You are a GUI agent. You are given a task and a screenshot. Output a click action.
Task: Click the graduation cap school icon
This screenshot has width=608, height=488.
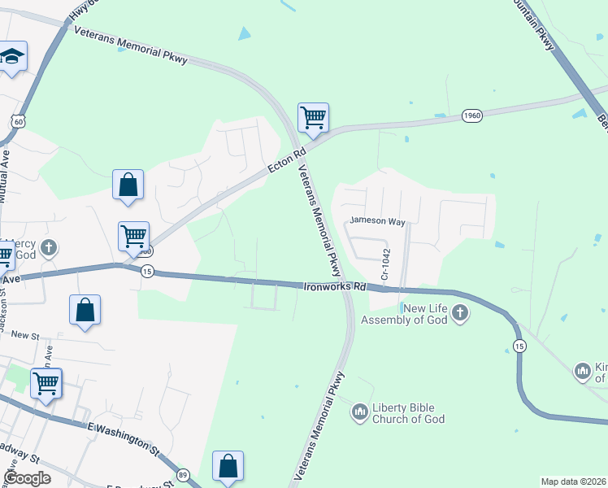(x=12, y=57)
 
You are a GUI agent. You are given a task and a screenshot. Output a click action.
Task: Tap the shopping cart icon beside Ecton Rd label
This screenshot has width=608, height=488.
(x=313, y=117)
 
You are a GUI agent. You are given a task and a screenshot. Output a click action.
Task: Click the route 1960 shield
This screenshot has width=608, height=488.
(x=472, y=116)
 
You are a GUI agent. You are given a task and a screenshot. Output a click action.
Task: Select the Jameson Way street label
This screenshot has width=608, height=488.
(x=377, y=220)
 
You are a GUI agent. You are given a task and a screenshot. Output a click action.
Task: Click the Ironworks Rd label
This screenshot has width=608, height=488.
(x=335, y=286)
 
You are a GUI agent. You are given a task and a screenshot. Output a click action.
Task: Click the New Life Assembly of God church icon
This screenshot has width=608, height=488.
(x=460, y=313)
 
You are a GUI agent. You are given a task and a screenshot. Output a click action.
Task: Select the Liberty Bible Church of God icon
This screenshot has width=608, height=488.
(x=360, y=413)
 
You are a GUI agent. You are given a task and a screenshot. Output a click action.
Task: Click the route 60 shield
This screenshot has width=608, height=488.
(x=18, y=121)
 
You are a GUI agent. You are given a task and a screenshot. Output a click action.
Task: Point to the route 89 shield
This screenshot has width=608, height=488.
(x=183, y=475)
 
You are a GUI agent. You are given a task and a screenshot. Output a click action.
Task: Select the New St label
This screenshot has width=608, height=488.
(x=25, y=335)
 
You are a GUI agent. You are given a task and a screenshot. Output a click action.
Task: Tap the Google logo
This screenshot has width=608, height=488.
(x=28, y=477)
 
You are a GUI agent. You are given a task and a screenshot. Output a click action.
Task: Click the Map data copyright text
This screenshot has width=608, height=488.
(x=572, y=481)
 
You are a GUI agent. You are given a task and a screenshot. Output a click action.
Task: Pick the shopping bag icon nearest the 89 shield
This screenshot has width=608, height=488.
(x=228, y=467)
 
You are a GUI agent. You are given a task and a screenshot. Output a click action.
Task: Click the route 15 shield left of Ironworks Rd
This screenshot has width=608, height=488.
(x=146, y=271)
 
